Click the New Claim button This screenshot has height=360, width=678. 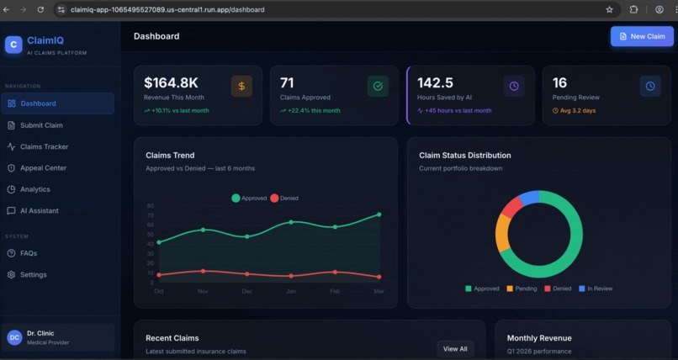642,36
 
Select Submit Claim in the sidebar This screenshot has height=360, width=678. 41,125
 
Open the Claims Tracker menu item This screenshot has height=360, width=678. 44,146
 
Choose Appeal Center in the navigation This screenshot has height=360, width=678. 43,167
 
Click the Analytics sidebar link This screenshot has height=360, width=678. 34,189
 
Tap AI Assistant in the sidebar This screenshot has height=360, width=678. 39,210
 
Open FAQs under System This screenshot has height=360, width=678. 28,253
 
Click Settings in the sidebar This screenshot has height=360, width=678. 33,274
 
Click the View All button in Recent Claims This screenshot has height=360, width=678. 455,348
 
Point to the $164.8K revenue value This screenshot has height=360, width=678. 171,82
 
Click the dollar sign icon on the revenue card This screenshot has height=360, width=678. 241,86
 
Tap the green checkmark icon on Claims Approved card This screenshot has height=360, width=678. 378,86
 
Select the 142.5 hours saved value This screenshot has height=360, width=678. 435,82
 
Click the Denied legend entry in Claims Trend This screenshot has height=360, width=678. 284,198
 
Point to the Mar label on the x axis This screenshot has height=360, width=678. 379,291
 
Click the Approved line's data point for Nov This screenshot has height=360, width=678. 203,230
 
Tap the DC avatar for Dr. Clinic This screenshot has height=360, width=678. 14,337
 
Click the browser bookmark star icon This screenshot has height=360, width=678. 609,9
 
